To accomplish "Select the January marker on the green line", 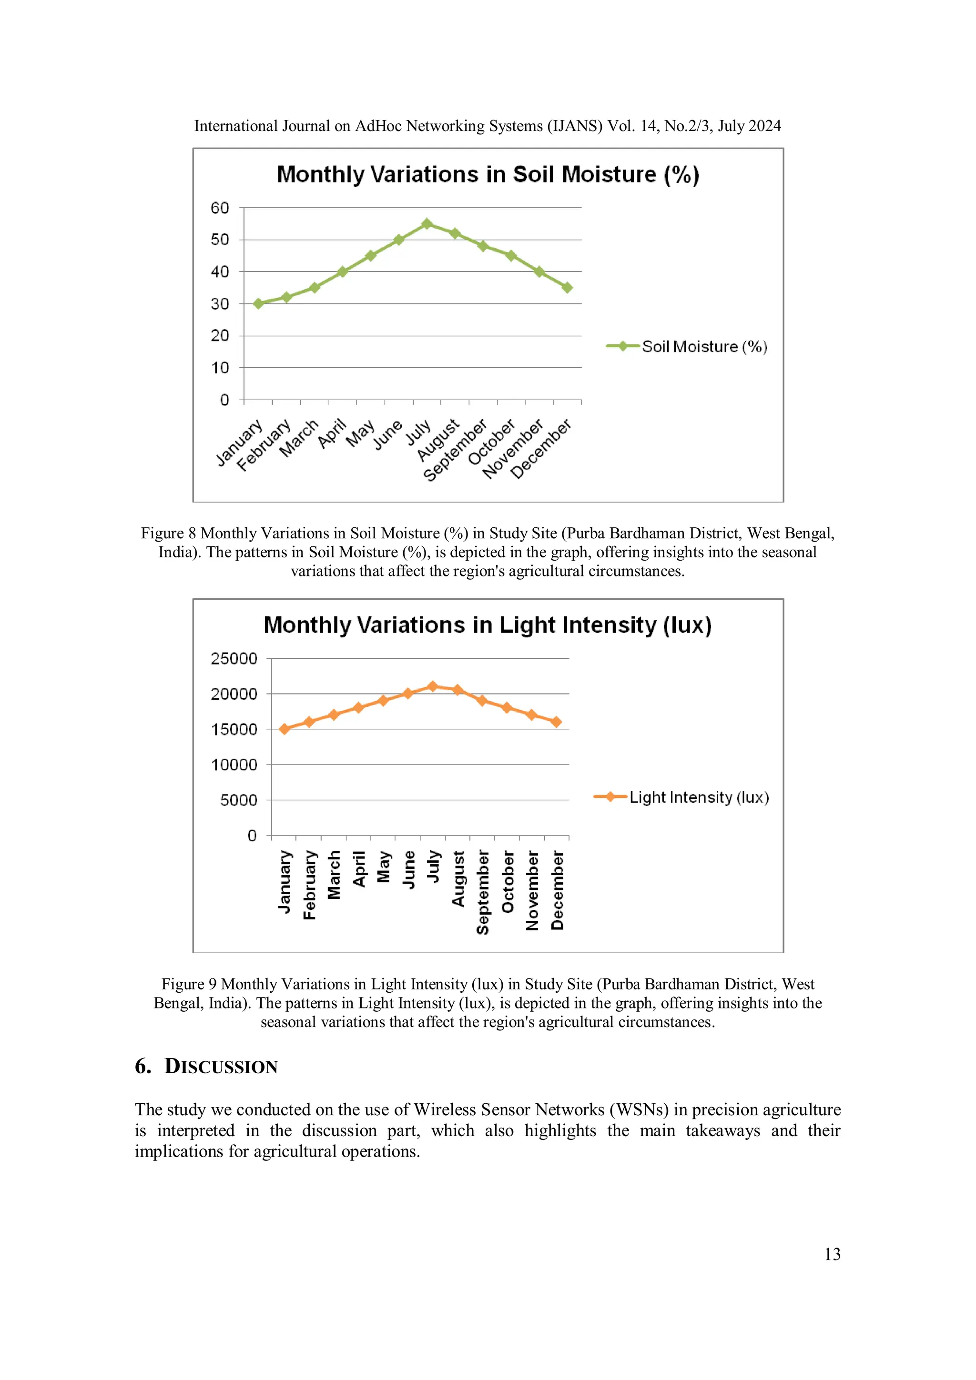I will pyautogui.click(x=259, y=303).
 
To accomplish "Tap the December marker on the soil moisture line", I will pyautogui.click(x=567, y=288).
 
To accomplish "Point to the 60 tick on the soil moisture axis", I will pyautogui.click(x=220, y=208).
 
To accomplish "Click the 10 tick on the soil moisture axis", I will pyautogui.click(x=220, y=368).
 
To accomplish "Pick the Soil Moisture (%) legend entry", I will pyautogui.click(x=687, y=346).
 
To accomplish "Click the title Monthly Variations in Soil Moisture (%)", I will pyautogui.click(x=488, y=174).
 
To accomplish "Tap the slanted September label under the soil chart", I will pyautogui.click(x=455, y=451).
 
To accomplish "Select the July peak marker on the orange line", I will pyautogui.click(x=432, y=686).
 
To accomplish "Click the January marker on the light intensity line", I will pyautogui.click(x=285, y=729).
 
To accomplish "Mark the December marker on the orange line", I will pyautogui.click(x=557, y=722).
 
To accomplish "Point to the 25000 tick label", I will pyautogui.click(x=234, y=659).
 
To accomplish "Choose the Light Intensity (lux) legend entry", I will pyautogui.click(x=681, y=797).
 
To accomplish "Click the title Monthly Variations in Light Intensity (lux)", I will pyautogui.click(x=488, y=625).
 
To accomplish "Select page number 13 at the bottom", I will pyautogui.click(x=832, y=1254).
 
